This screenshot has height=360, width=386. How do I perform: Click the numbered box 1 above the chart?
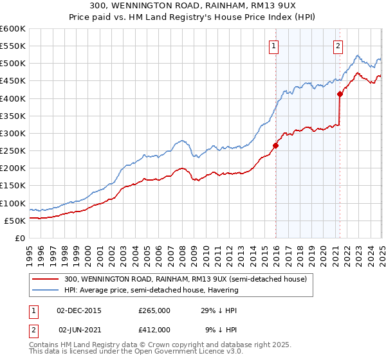pyautogui.click(x=274, y=46)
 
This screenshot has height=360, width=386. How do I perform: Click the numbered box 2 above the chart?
pyautogui.click(x=338, y=46)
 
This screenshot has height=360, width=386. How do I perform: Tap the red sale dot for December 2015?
pyautogui.click(x=275, y=145)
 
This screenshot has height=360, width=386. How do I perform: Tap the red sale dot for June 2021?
pyautogui.click(x=340, y=94)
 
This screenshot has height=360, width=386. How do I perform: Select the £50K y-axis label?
pyautogui.click(x=15, y=221)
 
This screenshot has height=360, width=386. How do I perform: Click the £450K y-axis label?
pyautogui.click(x=12, y=81)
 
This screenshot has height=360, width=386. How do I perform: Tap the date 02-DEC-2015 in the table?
pyautogui.click(x=78, y=310)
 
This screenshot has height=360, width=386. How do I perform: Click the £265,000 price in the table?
pyautogui.click(x=154, y=310)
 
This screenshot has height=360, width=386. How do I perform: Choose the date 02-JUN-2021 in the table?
pyautogui.click(x=78, y=329)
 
